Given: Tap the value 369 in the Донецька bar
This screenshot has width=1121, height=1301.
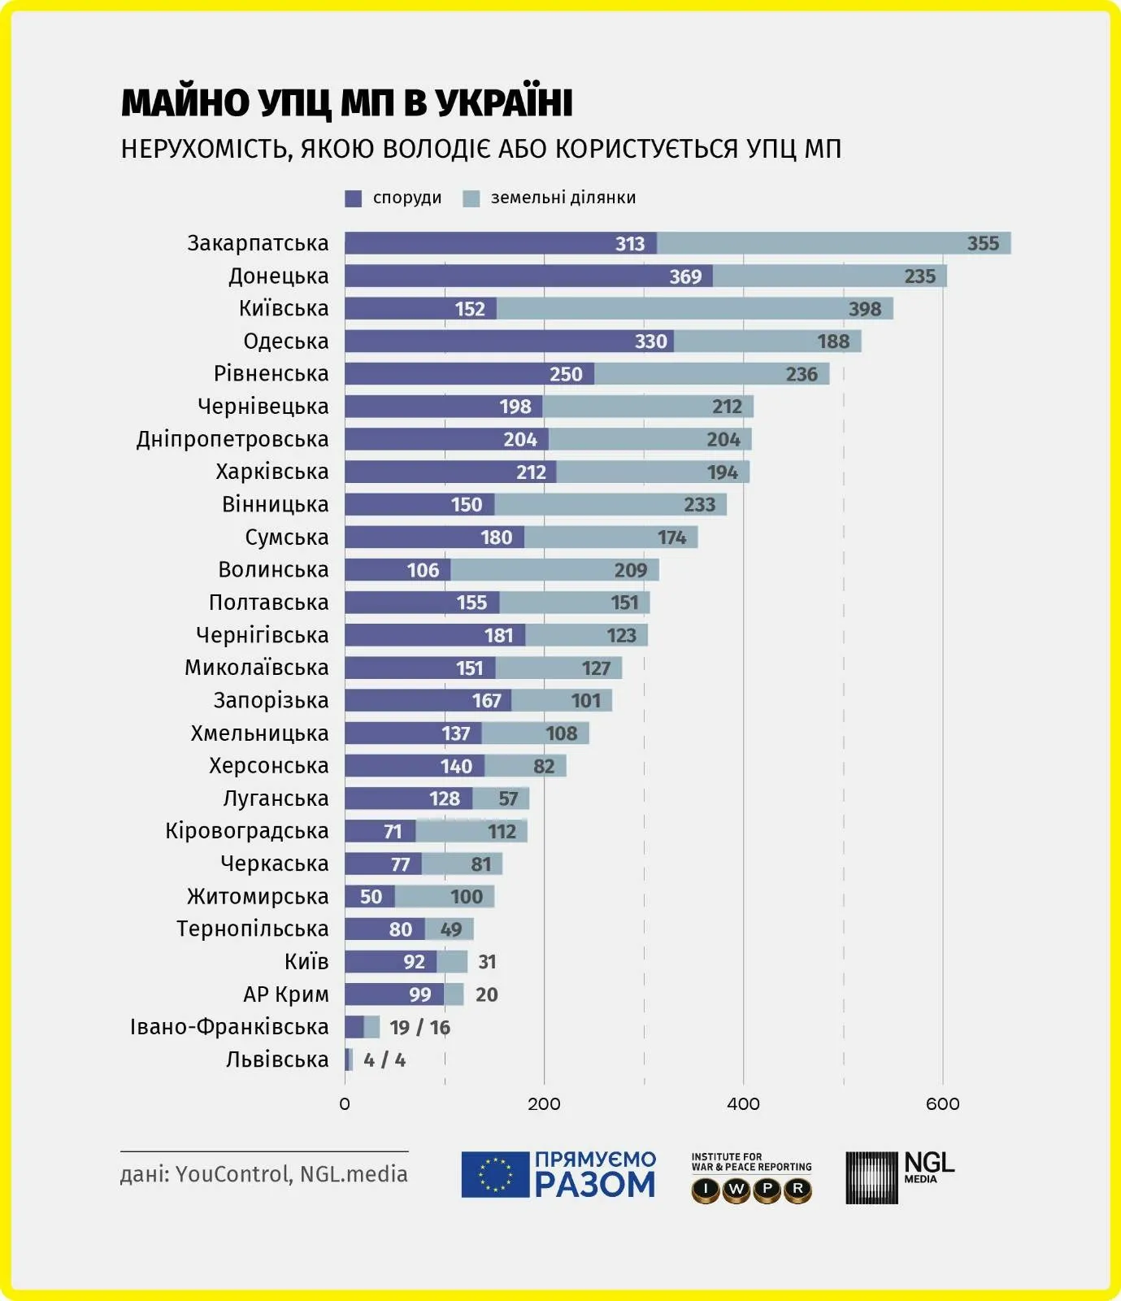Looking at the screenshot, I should (685, 276).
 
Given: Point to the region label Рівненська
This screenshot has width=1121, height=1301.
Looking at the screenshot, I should (272, 374).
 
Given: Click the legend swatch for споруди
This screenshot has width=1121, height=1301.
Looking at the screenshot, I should (354, 198).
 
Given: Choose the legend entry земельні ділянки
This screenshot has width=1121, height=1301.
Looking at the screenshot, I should (563, 198).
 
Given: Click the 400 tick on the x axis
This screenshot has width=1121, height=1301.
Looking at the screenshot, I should (743, 1103).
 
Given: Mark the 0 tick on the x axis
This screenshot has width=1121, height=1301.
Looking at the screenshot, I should (345, 1103).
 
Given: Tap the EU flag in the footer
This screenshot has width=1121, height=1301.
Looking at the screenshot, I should (494, 1175).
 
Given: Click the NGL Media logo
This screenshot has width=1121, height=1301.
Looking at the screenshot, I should (900, 1177).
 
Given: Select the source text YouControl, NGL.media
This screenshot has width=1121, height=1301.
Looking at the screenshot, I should (291, 1174).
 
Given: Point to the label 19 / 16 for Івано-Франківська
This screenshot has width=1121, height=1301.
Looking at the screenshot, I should (419, 1027).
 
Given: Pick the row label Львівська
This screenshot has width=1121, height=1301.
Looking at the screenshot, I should (277, 1060).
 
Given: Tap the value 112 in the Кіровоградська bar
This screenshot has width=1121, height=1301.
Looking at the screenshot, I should (502, 831).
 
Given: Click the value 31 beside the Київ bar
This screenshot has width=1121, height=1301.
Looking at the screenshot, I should (487, 962).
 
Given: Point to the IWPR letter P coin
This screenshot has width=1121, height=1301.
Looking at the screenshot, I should (767, 1190).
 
